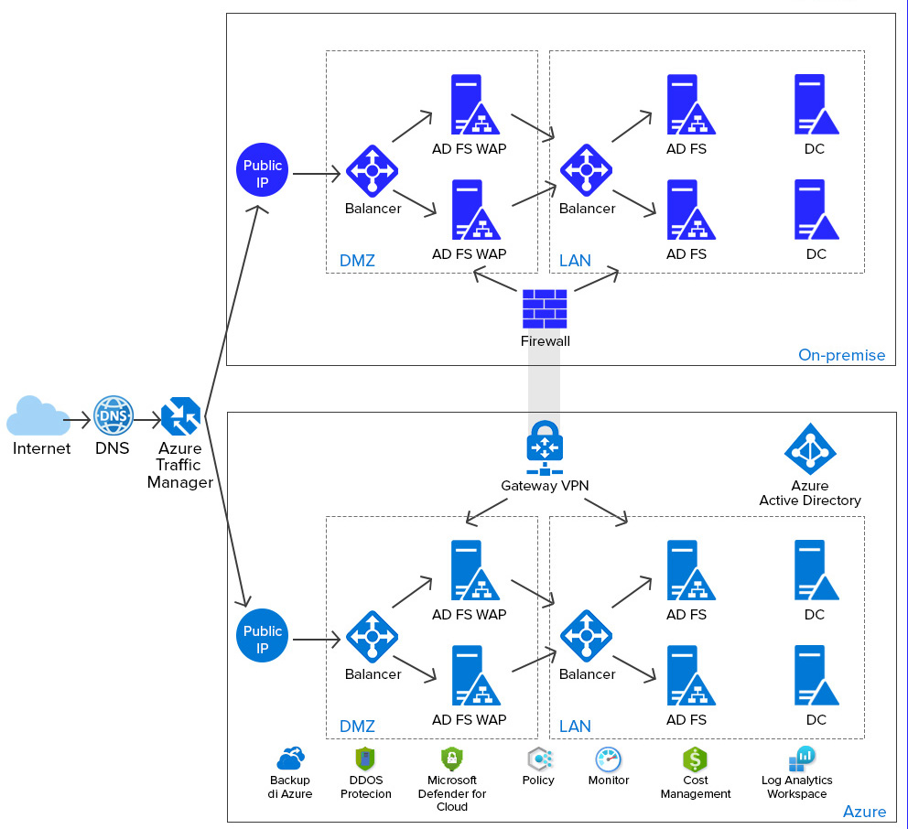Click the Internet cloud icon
(x=38, y=416)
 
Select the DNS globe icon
(x=113, y=415)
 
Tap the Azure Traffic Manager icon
(x=180, y=416)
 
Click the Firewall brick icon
(x=545, y=309)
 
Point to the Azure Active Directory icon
(x=810, y=448)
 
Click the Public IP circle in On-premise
(x=263, y=172)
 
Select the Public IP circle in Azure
(x=263, y=637)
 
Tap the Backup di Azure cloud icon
(x=290, y=758)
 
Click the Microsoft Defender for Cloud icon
(x=451, y=759)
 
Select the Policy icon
(x=538, y=759)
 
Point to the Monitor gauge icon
(x=609, y=759)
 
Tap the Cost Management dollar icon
(x=696, y=759)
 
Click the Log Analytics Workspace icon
(x=801, y=759)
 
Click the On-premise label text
(x=841, y=355)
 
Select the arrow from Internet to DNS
(x=81, y=420)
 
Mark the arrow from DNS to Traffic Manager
(x=146, y=420)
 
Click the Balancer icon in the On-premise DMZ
(x=372, y=171)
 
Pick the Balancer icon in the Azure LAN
(x=586, y=636)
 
